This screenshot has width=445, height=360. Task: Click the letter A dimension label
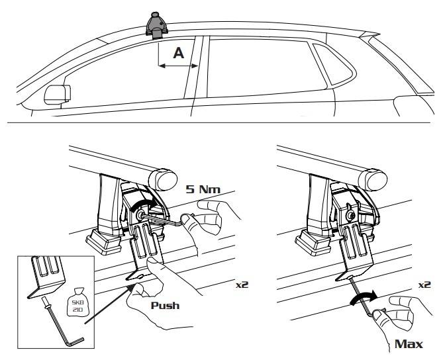coord(178,54)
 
